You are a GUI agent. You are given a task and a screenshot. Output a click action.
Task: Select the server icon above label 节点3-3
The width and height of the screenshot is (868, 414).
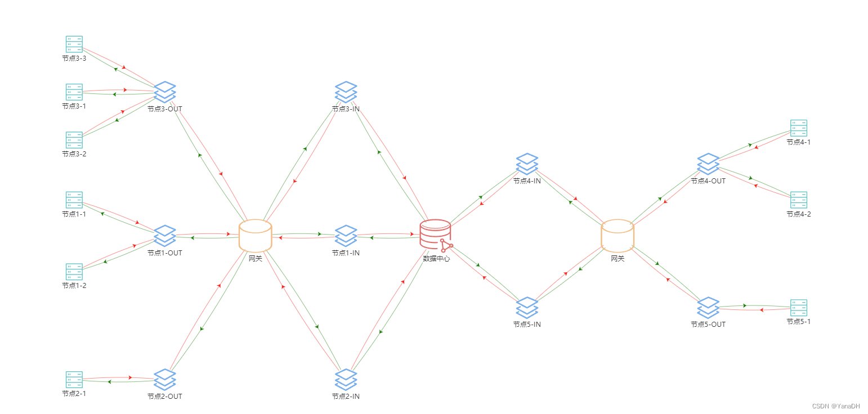pos(74,44)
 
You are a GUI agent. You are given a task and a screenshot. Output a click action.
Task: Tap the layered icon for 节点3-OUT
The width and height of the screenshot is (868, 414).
pos(165,92)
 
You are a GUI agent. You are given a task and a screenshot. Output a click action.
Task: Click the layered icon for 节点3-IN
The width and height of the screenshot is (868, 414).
pos(346,92)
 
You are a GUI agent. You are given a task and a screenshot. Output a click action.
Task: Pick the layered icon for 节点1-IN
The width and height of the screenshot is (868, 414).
pos(346,236)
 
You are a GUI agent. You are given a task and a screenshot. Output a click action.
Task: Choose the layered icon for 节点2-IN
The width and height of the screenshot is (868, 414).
pos(346,379)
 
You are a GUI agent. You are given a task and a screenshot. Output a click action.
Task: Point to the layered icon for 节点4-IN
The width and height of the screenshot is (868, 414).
pos(527,164)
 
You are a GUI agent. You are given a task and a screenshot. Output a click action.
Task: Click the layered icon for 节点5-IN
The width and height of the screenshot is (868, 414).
pos(527,307)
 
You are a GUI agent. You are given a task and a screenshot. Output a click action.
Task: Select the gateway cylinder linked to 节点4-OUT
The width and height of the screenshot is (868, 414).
pos(618,235)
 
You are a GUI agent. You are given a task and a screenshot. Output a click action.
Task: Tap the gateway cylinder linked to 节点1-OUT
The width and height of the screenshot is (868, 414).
pos(255,235)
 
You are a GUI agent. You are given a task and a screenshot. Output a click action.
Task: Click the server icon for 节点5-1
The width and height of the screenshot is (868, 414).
pos(798,307)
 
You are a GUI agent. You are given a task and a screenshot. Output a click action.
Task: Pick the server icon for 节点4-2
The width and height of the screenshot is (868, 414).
pos(798,200)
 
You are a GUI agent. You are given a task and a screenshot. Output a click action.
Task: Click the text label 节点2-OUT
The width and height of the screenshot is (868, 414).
pos(165,396)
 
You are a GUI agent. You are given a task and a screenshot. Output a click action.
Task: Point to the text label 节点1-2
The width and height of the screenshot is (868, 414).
pos(74,285)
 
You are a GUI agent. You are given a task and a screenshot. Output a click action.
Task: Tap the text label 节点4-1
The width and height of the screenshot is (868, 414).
pos(798,142)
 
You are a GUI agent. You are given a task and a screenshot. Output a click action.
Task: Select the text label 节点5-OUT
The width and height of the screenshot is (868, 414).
pos(708,324)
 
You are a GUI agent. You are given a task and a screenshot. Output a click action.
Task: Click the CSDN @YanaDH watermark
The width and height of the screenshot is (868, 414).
pos(835,406)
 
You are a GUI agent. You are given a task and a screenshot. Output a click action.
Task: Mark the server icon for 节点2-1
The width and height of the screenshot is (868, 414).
pos(74,379)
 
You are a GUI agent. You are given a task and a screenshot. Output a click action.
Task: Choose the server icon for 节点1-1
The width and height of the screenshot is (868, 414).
pos(74,200)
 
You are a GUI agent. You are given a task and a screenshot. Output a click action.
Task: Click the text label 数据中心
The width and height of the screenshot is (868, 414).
pos(436,259)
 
